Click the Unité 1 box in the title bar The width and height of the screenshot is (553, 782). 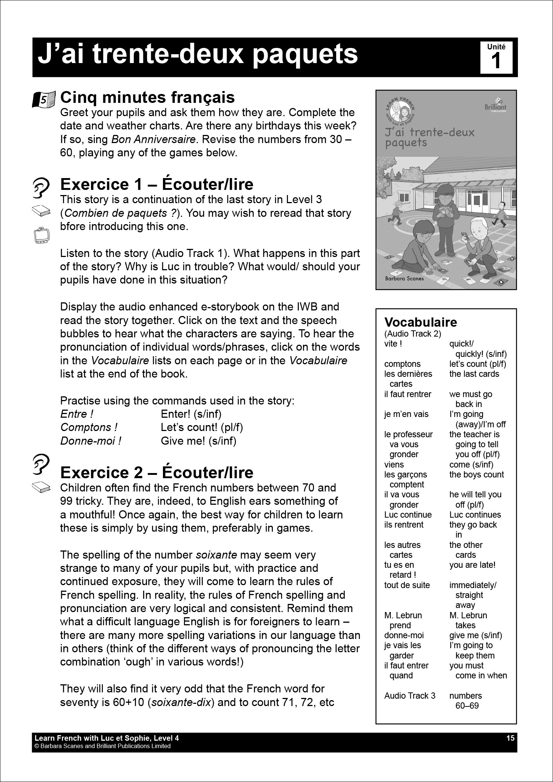click(496, 57)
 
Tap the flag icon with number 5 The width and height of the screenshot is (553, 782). click(44, 99)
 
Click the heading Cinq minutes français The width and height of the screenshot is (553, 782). click(147, 98)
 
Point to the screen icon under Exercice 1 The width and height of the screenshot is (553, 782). click(41, 235)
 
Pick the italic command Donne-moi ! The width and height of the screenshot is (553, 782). click(91, 441)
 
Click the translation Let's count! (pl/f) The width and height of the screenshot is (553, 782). click(202, 427)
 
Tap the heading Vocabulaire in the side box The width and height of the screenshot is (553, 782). click(420, 322)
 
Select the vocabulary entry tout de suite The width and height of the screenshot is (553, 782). click(407, 585)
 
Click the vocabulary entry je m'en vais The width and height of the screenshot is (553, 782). click(406, 414)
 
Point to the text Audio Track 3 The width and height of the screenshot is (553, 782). click(410, 696)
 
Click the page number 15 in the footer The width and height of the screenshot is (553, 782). click(510, 738)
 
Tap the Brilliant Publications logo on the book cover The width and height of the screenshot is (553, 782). click(495, 105)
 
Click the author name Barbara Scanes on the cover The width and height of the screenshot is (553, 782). click(404, 278)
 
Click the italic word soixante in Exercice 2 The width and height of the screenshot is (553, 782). click(216, 555)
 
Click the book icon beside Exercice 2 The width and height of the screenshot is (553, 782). click(41, 487)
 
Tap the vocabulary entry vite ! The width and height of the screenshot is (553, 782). click(393, 344)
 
